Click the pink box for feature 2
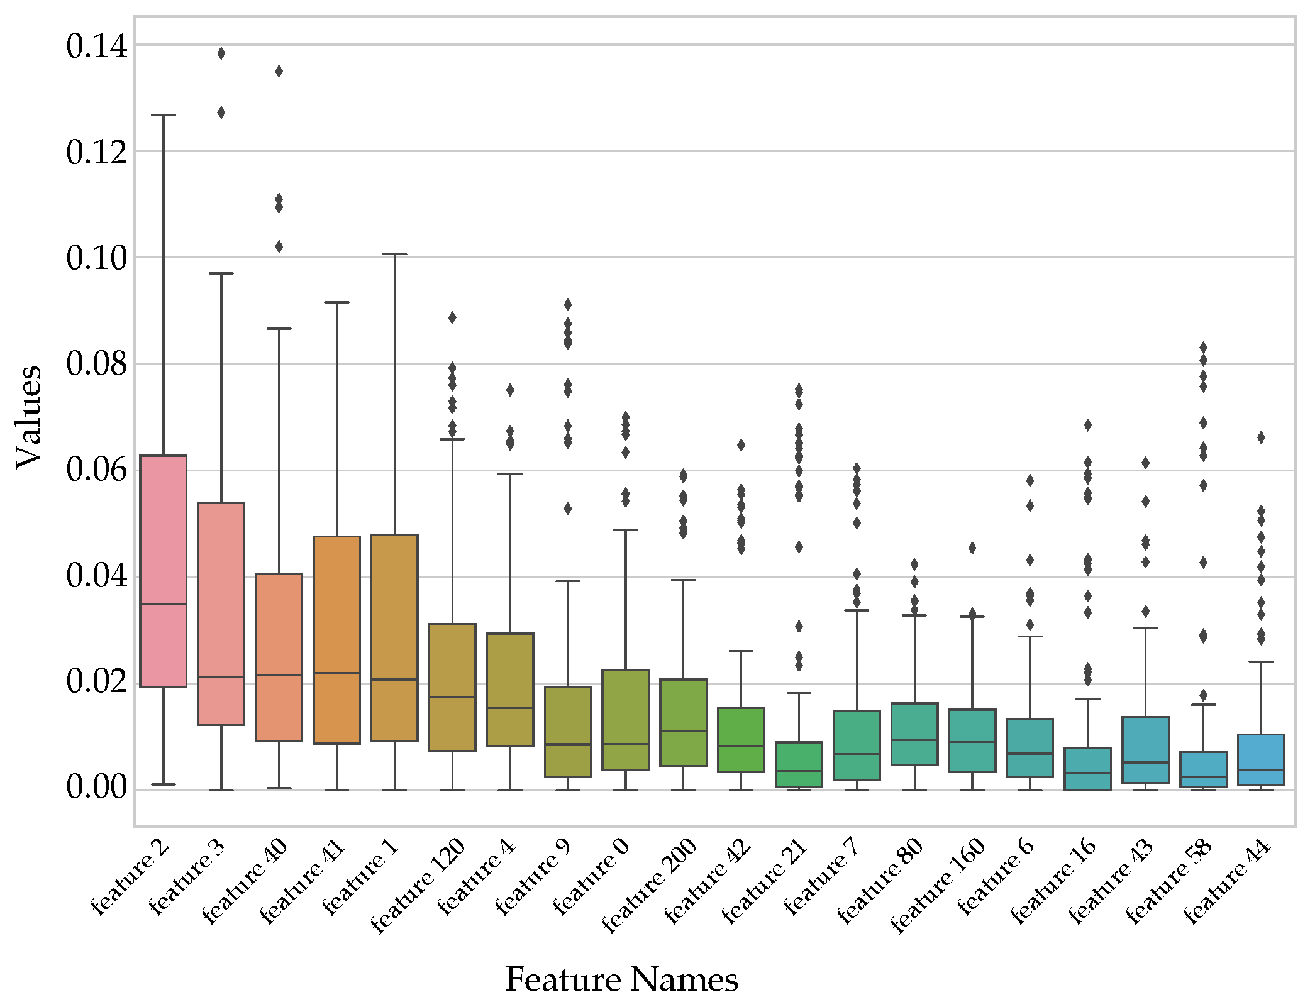(163, 571)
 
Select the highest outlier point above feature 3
(221, 53)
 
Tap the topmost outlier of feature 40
(279, 72)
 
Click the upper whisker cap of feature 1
(394, 254)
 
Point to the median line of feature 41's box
(336, 673)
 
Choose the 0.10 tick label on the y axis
(96, 258)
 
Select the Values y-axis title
(28, 416)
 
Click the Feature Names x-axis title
(621, 979)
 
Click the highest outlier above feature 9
(568, 305)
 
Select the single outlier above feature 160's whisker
(972, 548)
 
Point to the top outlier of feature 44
(1261, 437)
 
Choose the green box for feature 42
(741, 739)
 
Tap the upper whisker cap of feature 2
(164, 115)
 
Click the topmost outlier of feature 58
(1203, 348)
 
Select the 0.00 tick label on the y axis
(96, 788)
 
